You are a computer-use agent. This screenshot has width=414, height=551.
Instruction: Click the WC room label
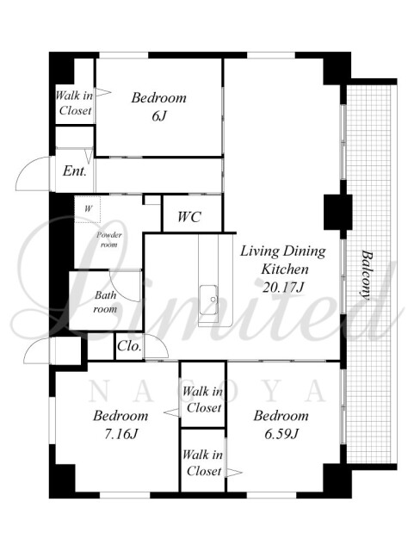189,216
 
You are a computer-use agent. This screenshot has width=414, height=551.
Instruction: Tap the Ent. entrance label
75,171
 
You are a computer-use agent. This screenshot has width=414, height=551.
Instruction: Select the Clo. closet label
129,346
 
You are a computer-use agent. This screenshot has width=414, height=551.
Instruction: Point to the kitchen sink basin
209,300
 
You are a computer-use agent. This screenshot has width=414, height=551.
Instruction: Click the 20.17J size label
283,288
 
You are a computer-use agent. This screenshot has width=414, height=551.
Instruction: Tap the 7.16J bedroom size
120,434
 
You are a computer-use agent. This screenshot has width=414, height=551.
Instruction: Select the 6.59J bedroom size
281,434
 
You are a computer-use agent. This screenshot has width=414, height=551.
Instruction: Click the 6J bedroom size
159,116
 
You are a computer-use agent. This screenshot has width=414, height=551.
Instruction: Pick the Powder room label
109,239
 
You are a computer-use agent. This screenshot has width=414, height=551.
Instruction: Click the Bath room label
105,301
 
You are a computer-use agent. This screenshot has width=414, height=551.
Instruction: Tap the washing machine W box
88,209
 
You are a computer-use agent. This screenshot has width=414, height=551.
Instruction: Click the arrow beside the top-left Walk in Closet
103,92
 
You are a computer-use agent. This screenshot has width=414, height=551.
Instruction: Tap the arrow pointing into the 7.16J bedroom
172,413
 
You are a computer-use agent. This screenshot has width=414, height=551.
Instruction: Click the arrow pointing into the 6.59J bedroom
234,473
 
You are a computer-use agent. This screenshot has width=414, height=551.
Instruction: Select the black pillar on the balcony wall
337,212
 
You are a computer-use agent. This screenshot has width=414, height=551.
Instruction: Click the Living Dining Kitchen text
283,260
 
